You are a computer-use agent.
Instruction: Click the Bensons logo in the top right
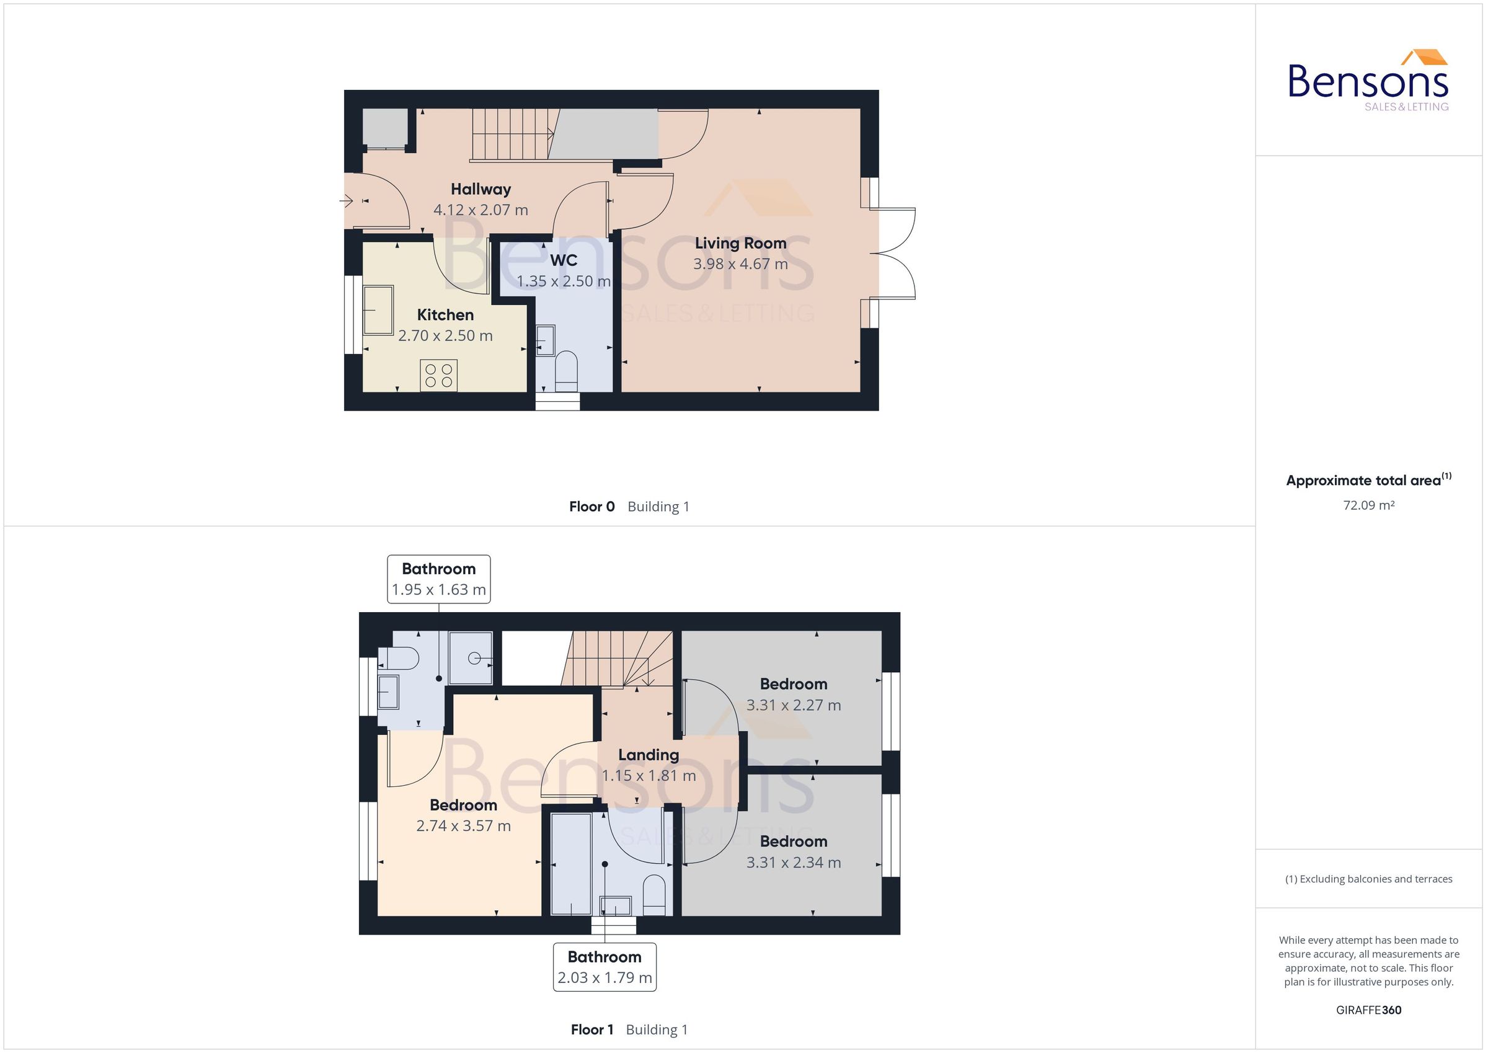(1368, 81)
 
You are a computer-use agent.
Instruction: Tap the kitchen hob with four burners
(438, 375)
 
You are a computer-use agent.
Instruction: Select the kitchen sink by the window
(378, 311)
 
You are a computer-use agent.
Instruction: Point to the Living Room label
(740, 243)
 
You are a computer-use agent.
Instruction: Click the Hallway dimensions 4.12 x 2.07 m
(480, 210)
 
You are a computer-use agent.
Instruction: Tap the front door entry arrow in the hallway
(346, 201)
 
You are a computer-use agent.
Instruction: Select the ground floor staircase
(512, 133)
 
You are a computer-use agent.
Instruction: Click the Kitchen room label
(445, 315)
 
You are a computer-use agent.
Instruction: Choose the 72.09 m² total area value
(1368, 505)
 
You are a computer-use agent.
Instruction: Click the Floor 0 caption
(591, 507)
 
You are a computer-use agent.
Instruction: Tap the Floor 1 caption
(591, 1029)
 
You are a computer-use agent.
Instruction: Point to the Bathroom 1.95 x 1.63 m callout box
(439, 579)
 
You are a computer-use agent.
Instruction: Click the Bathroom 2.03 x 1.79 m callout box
(604, 967)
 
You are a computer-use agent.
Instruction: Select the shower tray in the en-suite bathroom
(471, 657)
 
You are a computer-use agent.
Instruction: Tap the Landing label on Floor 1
(648, 755)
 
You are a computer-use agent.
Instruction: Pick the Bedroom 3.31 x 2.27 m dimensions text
(793, 706)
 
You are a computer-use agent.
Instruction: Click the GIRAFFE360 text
(1368, 1010)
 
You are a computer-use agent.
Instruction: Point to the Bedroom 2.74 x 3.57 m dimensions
(463, 826)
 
